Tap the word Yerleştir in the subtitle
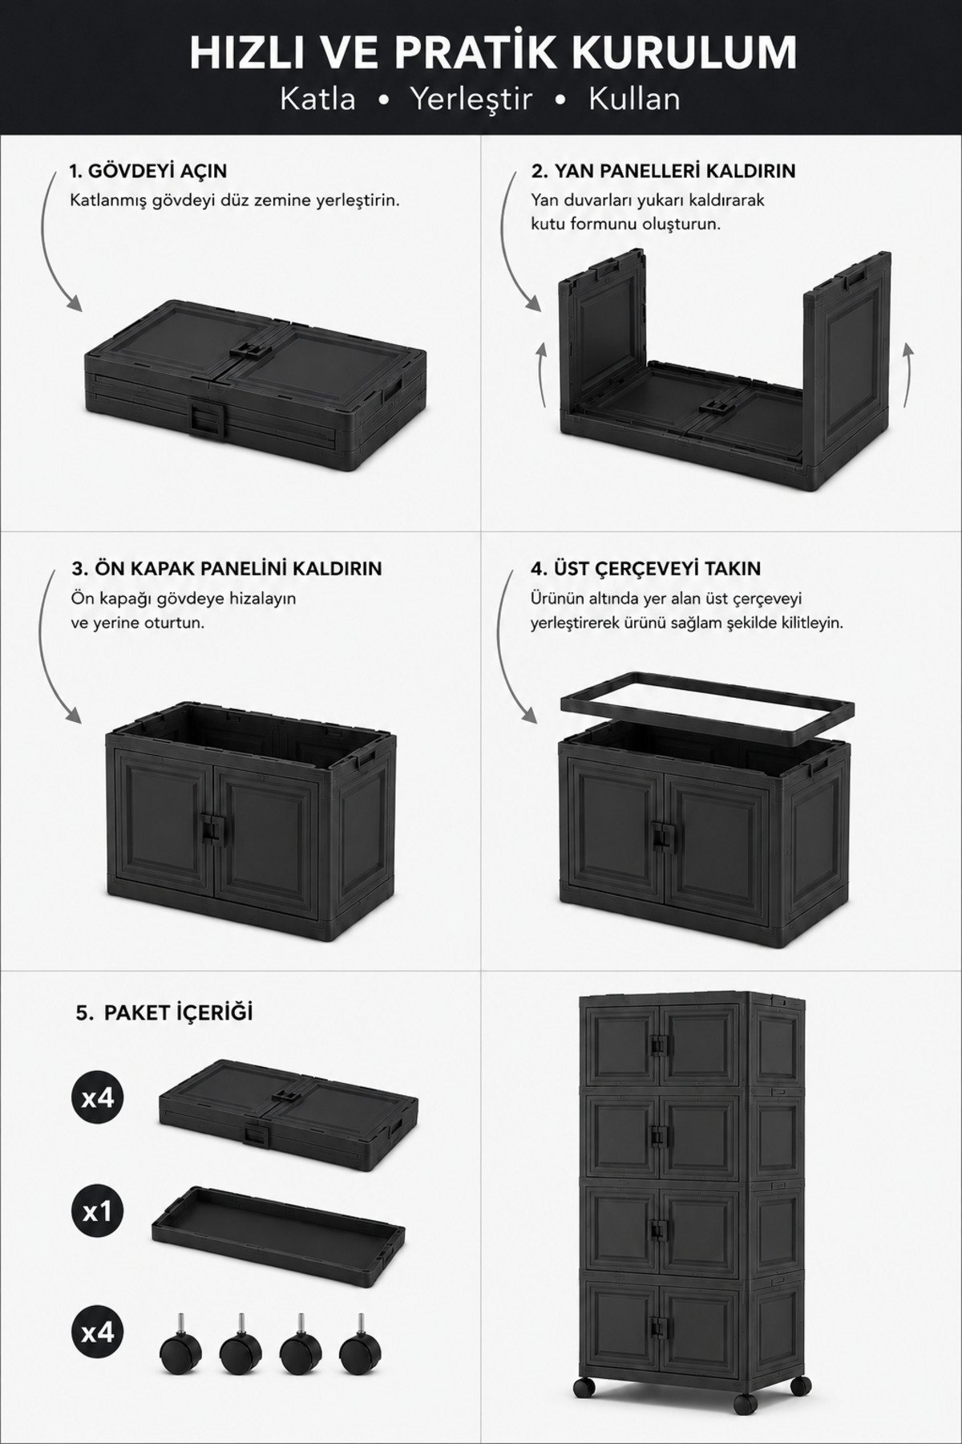[471, 99]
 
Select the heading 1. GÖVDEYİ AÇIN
[148, 171]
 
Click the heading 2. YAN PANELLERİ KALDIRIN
[663, 171]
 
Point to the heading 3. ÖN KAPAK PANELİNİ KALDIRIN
[227, 569]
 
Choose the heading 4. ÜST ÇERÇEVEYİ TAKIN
[645, 569]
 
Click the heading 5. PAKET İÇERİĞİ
[164, 1012]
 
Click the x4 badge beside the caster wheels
[97, 1333]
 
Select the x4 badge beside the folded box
[97, 1097]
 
